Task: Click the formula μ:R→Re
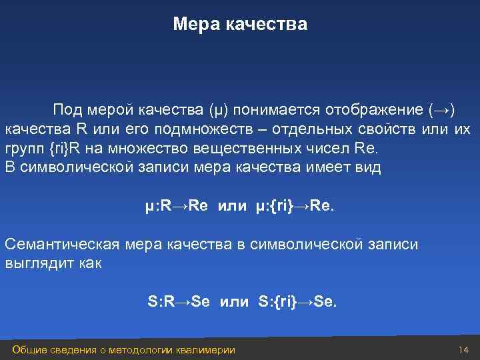[177, 205]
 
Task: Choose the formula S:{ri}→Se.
[297, 302]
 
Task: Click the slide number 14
[464, 350]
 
